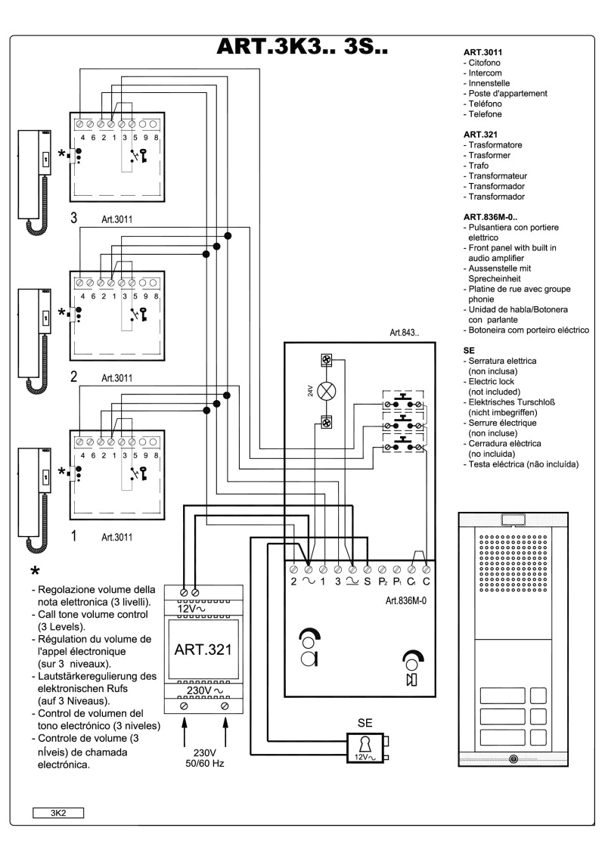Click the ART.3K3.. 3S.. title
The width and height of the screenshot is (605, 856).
302,47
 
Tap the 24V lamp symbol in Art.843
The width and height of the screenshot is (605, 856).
327,391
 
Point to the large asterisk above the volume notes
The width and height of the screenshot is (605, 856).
35,569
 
